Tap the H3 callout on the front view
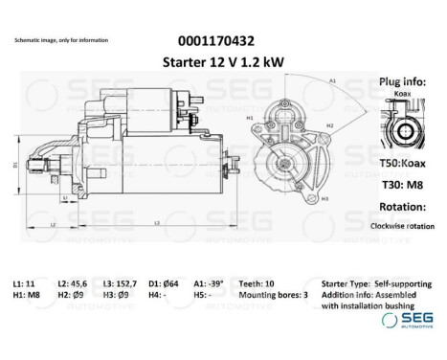tap(325, 197)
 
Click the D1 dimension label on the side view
tap(15, 166)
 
